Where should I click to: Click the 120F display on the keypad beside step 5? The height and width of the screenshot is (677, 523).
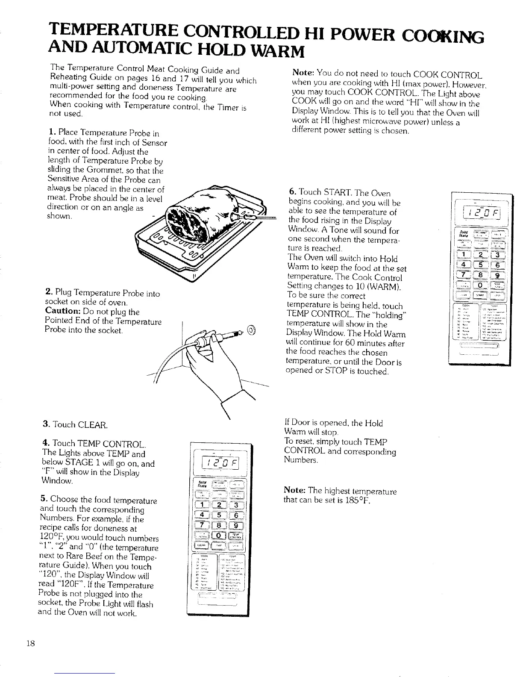pyautogui.click(x=218, y=464)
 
